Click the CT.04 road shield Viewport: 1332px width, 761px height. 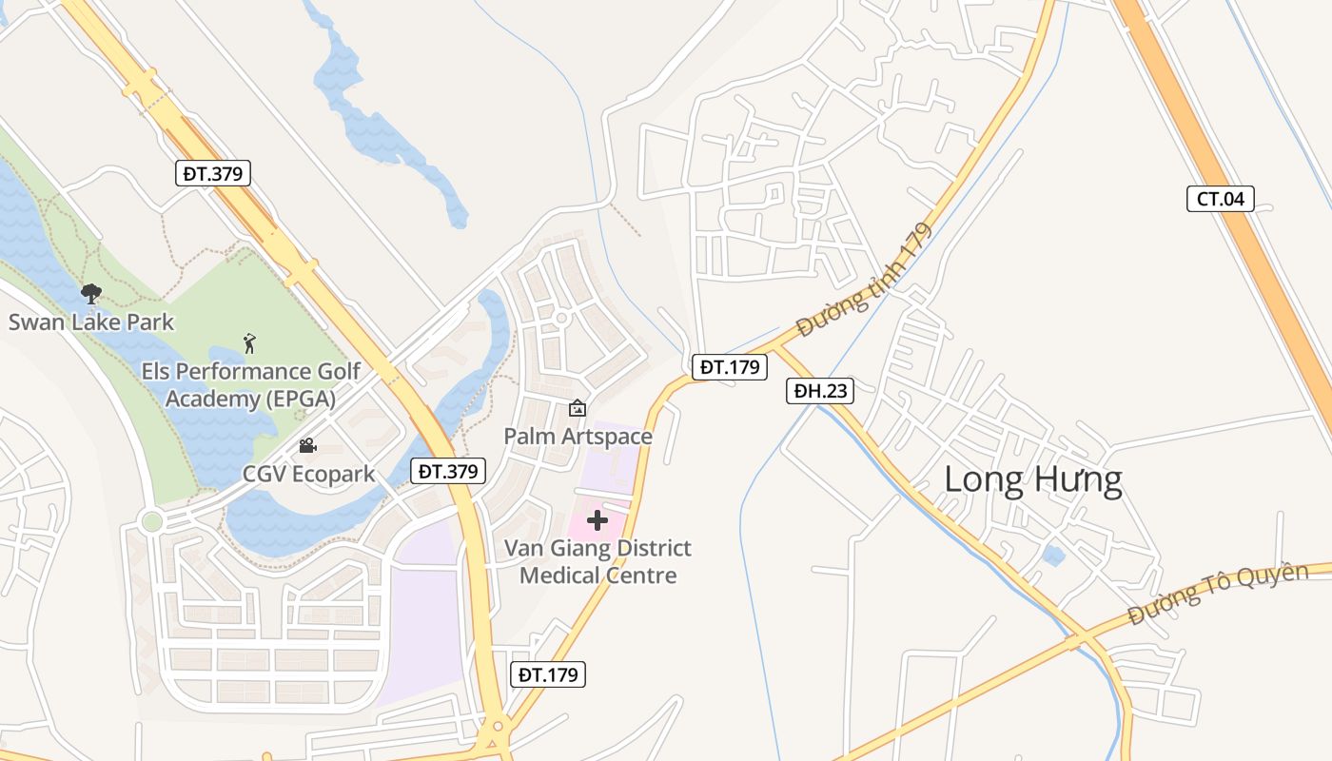pyautogui.click(x=1221, y=199)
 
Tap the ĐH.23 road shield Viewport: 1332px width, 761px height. pyautogui.click(x=819, y=390)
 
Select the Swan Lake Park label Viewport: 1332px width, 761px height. pyautogui.click(x=91, y=322)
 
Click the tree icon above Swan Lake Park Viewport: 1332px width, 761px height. pyautogui.click(x=91, y=294)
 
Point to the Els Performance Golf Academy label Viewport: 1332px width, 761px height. pyautogui.click(x=250, y=384)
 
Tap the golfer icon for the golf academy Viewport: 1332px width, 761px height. pyautogui.click(x=249, y=343)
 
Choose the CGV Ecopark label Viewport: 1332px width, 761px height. pyautogui.click(x=308, y=474)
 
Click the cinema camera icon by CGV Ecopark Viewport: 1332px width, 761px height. pyautogui.click(x=307, y=445)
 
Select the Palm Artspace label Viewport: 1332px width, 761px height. pyautogui.click(x=578, y=437)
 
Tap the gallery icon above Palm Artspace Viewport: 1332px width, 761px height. pyautogui.click(x=577, y=409)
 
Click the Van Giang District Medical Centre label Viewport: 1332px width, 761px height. pyautogui.click(x=598, y=561)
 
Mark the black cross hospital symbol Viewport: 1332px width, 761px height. pyautogui.click(x=597, y=520)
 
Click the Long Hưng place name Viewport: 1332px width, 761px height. pyautogui.click(x=1032, y=479)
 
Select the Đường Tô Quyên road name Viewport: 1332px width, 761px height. pyautogui.click(x=1218, y=594)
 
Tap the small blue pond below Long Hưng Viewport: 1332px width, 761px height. pyautogui.click(x=1053, y=556)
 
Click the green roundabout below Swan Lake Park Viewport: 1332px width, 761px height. pyautogui.click(x=151, y=521)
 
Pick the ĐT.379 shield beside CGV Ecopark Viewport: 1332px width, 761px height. pyautogui.click(x=448, y=470)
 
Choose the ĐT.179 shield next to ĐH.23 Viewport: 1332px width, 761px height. pyautogui.click(x=729, y=366)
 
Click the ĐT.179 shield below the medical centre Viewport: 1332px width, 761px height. pyautogui.click(x=547, y=674)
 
